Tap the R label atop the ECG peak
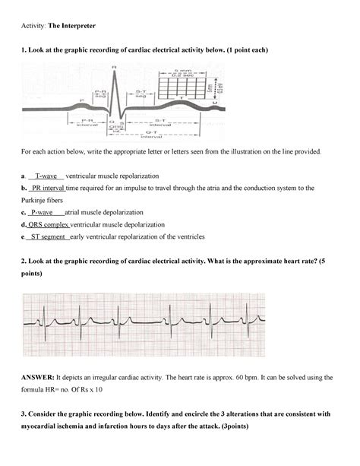[114, 67]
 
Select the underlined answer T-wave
[49, 176]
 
